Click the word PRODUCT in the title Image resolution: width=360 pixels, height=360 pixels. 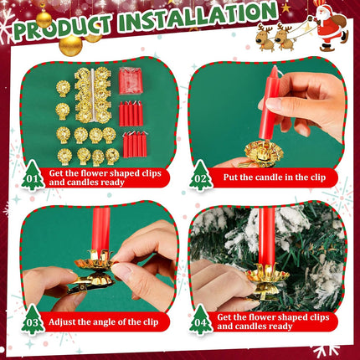(x=62, y=27)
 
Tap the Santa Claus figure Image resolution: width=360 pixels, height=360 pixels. (x=331, y=27)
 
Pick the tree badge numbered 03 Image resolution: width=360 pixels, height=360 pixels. (x=33, y=321)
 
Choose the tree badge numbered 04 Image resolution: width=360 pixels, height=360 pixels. (x=201, y=321)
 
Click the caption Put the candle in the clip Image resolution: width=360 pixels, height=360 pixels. (x=275, y=177)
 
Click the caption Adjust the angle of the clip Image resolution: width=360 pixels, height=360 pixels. (x=104, y=321)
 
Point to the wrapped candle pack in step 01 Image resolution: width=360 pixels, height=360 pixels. (x=131, y=81)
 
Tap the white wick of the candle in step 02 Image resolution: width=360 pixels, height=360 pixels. (x=280, y=72)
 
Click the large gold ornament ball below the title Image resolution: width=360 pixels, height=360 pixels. (x=70, y=44)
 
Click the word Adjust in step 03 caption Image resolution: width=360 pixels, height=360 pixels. (x=62, y=322)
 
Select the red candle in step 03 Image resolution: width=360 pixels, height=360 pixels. (x=101, y=229)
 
